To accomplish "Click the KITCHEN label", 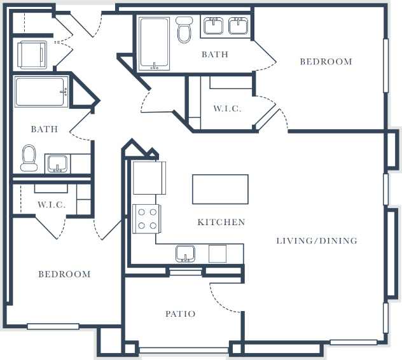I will click(221, 222).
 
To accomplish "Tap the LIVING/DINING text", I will click(316, 240).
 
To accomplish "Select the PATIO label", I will click(180, 314).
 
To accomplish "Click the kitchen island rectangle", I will click(220, 189).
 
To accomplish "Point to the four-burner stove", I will click(147, 219).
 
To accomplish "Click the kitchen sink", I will click(185, 253).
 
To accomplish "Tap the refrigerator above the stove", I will click(149, 177).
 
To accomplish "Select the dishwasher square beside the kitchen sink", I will click(217, 253).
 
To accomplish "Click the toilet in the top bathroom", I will click(184, 30).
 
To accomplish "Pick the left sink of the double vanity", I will click(212, 26).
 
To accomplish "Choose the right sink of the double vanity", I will click(238, 26).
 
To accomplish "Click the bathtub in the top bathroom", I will click(154, 43).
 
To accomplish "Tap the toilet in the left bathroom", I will click(29, 158).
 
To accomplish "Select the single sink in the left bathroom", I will click(57, 164).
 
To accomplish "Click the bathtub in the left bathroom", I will click(41, 92).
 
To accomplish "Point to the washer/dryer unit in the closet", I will click(32, 54).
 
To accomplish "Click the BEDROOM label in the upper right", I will click(326, 62).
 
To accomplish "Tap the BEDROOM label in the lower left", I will click(64, 274).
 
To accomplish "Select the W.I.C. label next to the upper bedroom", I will click(227, 109).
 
